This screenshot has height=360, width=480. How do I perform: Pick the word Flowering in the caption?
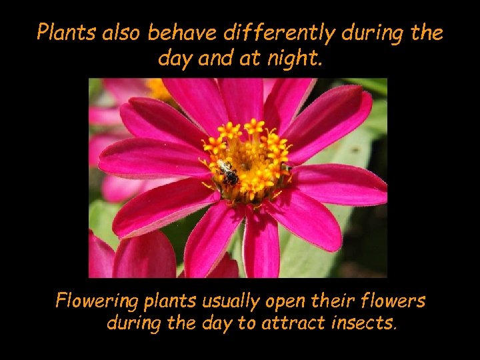click(x=98, y=302)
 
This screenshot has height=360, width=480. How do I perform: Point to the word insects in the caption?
click(x=364, y=325)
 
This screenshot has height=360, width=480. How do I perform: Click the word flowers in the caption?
click(x=395, y=302)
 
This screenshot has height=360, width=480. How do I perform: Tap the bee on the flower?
click(x=228, y=173)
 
